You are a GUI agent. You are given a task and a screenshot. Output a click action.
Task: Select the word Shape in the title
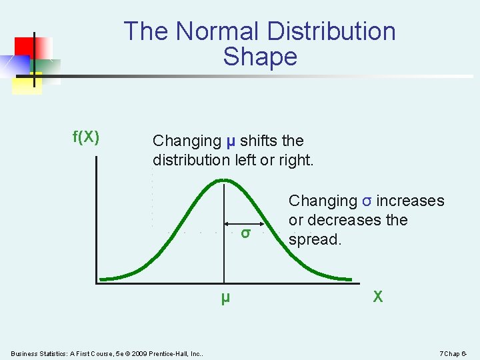[x=260, y=57]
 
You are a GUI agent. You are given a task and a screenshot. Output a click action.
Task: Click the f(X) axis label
[x=86, y=137]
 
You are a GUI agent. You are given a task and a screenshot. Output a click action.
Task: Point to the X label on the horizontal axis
[x=377, y=297]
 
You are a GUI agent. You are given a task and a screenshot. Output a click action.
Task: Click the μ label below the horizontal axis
[x=225, y=298]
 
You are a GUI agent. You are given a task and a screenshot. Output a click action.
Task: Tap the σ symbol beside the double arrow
[x=246, y=233]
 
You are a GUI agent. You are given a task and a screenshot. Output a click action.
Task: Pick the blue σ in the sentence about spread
[x=367, y=201]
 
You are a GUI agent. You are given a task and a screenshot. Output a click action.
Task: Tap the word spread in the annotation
[x=315, y=239]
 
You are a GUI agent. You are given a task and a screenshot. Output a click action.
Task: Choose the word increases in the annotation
[x=411, y=201]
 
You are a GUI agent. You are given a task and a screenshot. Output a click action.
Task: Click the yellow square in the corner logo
[x=27, y=83]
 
